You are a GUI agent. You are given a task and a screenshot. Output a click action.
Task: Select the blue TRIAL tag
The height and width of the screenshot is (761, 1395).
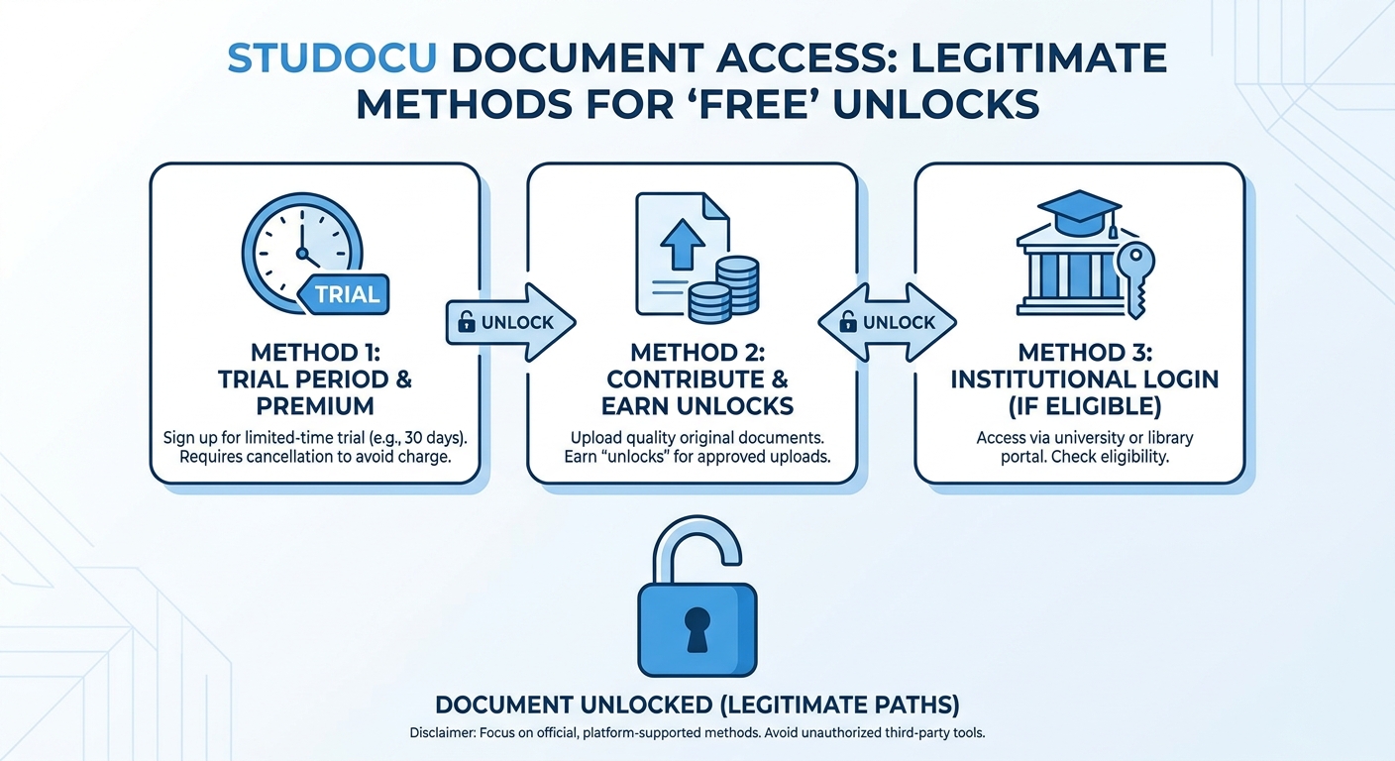(347, 293)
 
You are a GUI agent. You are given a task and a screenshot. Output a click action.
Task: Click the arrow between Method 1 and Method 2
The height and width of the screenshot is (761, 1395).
(511, 323)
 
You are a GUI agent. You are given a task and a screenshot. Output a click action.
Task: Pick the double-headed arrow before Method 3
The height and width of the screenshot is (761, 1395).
(887, 323)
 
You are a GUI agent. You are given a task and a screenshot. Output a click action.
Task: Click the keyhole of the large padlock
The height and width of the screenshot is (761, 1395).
(697, 627)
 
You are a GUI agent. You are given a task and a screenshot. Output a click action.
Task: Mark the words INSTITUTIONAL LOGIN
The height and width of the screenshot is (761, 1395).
(1079, 379)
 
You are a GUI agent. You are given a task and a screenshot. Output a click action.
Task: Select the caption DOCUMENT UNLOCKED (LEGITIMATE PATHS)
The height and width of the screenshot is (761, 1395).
(697, 705)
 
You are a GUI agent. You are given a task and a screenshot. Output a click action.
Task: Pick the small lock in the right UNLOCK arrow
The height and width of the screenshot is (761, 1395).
(847, 322)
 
